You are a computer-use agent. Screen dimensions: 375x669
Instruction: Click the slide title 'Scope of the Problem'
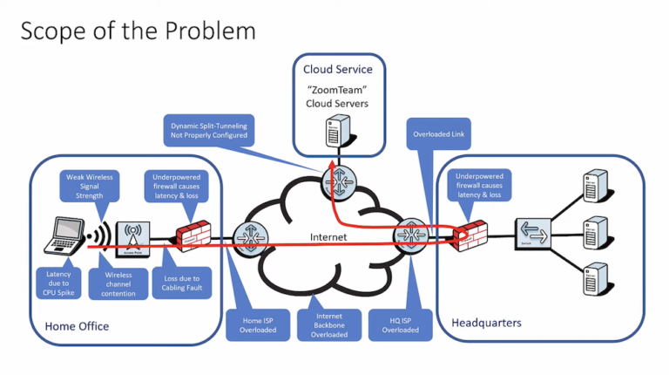(x=139, y=31)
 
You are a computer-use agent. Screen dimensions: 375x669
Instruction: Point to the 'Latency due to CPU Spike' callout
(x=60, y=283)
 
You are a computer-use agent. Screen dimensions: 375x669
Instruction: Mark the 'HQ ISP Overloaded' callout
(x=400, y=322)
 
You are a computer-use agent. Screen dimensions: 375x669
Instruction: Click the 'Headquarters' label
(x=486, y=323)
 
